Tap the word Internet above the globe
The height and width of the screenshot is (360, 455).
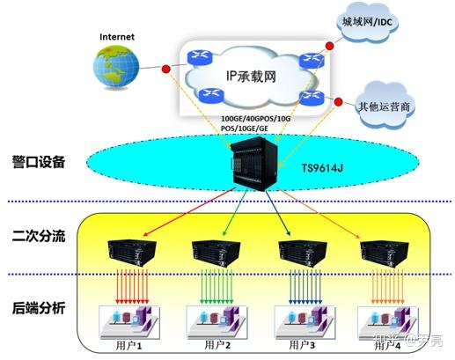[x=118, y=38]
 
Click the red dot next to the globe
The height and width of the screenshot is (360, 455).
[x=166, y=69]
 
